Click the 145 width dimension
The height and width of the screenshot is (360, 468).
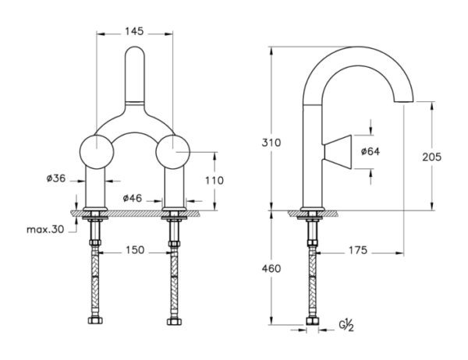pyautogui.click(x=134, y=31)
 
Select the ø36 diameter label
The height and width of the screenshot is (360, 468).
pyautogui.click(x=56, y=178)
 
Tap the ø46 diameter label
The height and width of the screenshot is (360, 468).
pyautogui.click(x=133, y=198)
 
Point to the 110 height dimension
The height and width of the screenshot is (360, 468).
pyautogui.click(x=214, y=181)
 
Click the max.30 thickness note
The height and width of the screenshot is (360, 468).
pyautogui.click(x=45, y=229)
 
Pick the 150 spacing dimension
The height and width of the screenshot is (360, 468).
pyautogui.click(x=135, y=250)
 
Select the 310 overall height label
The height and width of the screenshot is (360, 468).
pyautogui.click(x=271, y=143)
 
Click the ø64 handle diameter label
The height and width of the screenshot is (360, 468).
pyautogui.click(x=370, y=151)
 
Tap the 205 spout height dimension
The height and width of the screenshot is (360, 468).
pyautogui.click(x=431, y=157)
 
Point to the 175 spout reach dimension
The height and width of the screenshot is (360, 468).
pyautogui.click(x=358, y=250)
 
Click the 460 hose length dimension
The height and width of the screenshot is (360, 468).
pyautogui.click(x=271, y=269)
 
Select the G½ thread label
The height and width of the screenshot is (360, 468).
pyautogui.click(x=346, y=325)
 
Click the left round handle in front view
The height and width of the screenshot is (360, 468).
pyautogui.click(x=97, y=152)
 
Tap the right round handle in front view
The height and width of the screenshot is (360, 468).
pyautogui.click(x=173, y=152)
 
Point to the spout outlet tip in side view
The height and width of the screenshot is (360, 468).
pyautogui.click(x=403, y=101)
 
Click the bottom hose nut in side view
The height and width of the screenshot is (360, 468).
pyautogui.click(x=312, y=321)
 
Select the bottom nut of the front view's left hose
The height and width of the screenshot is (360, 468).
pyautogui.click(x=95, y=320)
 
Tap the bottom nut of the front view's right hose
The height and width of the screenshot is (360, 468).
pyautogui.click(x=173, y=321)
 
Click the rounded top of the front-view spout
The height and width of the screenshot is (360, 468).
pyautogui.click(x=135, y=48)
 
